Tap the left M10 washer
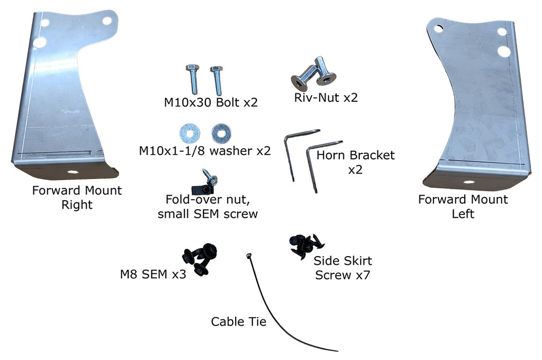(187, 133)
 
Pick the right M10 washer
(220, 133)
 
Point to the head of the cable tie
(249, 256)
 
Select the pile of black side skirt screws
(304, 245)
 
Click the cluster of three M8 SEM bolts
(200, 258)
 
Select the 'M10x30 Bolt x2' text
(211, 102)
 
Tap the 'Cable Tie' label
(239, 322)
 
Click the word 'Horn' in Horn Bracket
(331, 155)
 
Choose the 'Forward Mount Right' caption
(77, 197)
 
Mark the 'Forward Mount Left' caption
(463, 206)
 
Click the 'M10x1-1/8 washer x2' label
(204, 151)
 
